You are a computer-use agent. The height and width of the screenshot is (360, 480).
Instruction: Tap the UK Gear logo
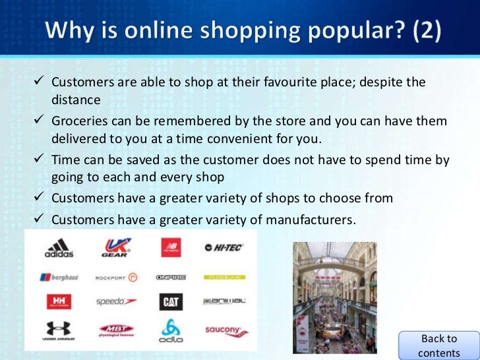point(115,248)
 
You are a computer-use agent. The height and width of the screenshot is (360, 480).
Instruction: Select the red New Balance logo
point(171,248)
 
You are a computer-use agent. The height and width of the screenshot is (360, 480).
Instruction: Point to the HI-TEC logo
point(224,248)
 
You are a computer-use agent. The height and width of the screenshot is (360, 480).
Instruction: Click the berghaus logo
point(59,277)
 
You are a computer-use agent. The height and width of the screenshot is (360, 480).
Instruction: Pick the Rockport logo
point(115,277)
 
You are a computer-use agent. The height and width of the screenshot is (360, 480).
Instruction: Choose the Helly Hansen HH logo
point(59,302)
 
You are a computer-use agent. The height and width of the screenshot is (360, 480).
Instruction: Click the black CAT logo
point(171,302)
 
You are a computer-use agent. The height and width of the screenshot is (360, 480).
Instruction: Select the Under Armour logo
point(59,330)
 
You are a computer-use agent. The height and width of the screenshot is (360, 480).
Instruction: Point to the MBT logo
point(115,330)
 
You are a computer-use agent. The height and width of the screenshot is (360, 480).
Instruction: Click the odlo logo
point(171,330)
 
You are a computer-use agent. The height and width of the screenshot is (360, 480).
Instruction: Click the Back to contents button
point(438,345)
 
